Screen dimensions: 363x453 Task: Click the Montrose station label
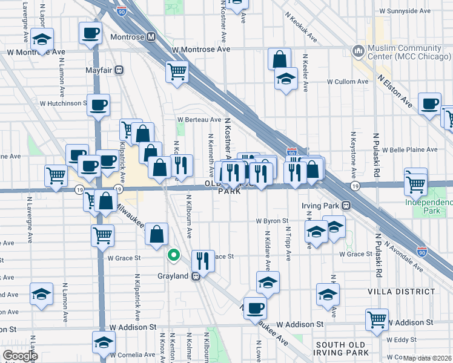[128, 37]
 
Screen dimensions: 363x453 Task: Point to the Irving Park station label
[323, 206]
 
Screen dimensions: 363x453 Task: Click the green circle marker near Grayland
[174, 255]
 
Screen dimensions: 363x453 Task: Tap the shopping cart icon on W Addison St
[377, 319]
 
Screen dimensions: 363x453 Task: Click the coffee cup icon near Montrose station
[90, 33]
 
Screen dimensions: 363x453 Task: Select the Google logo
[20, 356]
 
